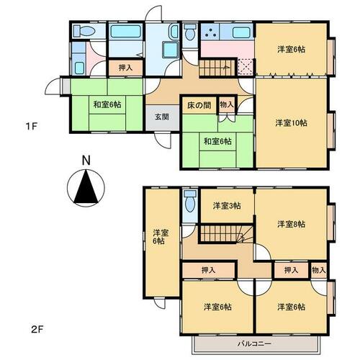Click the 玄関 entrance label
pos(162,117)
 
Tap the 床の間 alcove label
pos(199,105)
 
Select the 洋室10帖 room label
pos(291,123)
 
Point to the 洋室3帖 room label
pos(227,206)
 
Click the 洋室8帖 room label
pos(292,224)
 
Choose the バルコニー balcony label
pos(254,343)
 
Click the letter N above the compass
pos(86,161)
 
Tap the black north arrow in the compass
pos(86,186)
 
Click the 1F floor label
pos(32,126)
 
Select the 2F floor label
pos(37,330)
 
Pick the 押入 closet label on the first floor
pos(125,68)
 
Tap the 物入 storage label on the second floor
pos(319,271)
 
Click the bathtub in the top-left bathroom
pos(125,32)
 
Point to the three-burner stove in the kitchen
pos(210,32)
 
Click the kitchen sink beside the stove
pos(241,32)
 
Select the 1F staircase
pos(217,68)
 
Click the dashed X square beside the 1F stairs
pos(246,67)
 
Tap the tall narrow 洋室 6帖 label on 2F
pos(161,237)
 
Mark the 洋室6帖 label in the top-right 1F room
pos(292,50)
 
